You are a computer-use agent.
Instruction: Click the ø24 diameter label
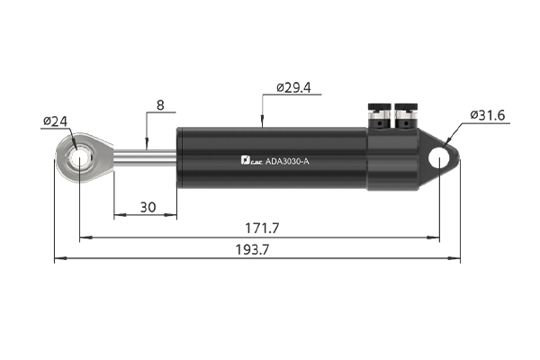click(56, 121)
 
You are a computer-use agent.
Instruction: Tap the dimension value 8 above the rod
click(160, 105)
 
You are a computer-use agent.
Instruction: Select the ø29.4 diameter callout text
click(293, 88)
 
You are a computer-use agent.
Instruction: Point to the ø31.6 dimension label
click(488, 115)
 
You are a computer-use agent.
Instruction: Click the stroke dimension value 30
click(148, 207)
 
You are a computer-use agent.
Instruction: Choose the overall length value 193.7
click(252, 249)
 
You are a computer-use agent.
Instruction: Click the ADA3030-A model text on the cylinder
click(287, 161)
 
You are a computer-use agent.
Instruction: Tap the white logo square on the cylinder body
click(245, 160)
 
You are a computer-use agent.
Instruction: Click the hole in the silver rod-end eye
click(80, 158)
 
